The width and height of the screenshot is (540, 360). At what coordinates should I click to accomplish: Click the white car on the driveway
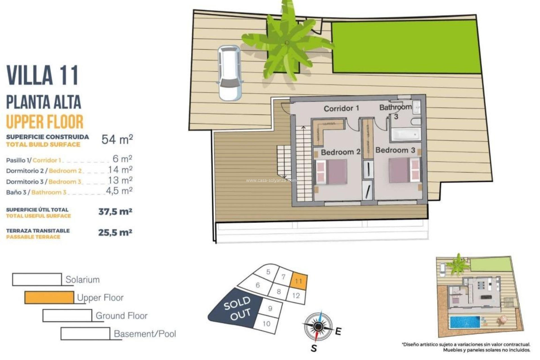[x=230, y=73]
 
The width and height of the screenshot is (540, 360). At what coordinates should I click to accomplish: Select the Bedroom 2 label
[x=340, y=152]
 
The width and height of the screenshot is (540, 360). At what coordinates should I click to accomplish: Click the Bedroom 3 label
[x=395, y=150]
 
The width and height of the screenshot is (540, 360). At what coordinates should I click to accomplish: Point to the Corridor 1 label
[x=341, y=108]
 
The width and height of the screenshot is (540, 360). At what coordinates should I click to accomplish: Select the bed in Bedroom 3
[x=404, y=170]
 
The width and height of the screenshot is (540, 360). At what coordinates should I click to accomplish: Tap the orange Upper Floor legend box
[x=49, y=298]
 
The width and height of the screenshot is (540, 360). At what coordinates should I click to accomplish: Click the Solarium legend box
[x=37, y=279]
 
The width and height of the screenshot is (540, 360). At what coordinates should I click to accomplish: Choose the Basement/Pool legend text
[x=145, y=334]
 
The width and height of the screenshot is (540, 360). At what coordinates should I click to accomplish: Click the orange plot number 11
[x=298, y=281]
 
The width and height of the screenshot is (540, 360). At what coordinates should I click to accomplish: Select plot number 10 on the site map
[x=266, y=323]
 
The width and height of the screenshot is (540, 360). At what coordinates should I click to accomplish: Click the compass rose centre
[x=318, y=326]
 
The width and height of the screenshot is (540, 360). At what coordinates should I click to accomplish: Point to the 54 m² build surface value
[x=117, y=139]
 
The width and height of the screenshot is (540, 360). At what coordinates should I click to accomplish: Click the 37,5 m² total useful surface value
[x=115, y=211]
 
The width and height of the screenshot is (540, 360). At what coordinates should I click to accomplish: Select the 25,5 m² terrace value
[x=115, y=233]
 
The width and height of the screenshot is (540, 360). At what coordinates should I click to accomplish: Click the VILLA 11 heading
[x=42, y=75]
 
